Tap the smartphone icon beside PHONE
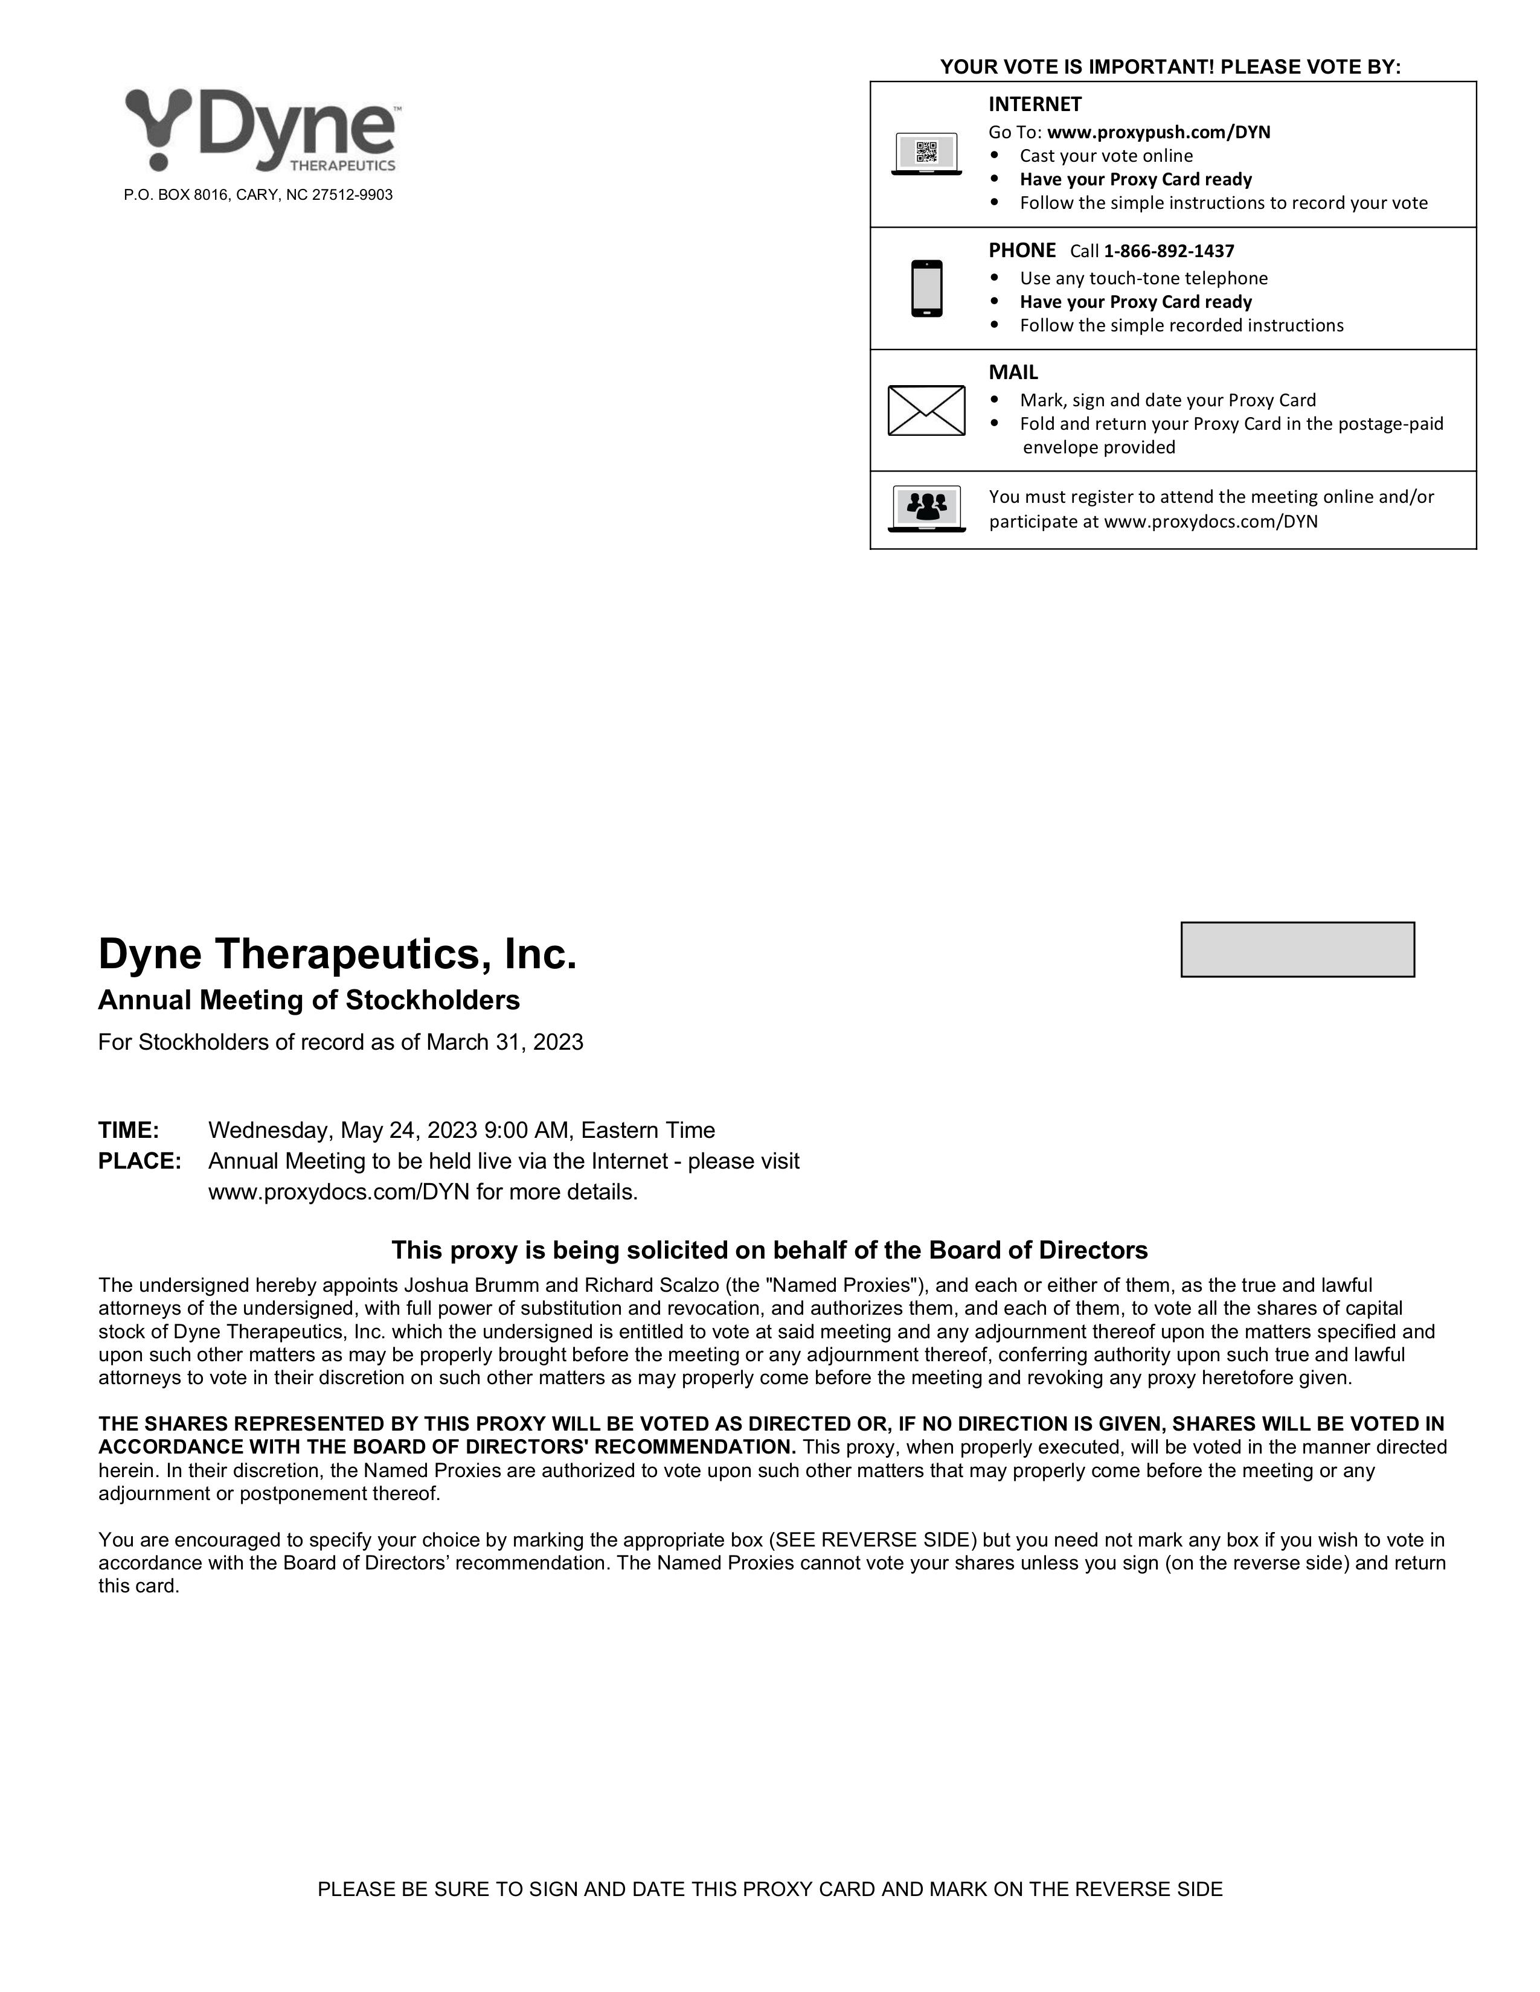point(926,288)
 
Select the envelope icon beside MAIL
point(926,410)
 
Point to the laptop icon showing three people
point(926,508)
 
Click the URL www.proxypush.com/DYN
point(1159,132)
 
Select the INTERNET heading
point(1035,104)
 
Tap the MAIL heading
point(1013,372)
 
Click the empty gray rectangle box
point(1297,950)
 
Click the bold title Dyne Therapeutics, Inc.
point(338,954)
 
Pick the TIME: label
point(129,1130)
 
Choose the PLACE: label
point(140,1161)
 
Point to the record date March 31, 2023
point(504,1042)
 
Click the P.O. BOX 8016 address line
point(258,195)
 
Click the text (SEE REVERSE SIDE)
point(872,1540)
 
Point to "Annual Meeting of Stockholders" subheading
point(309,1001)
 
